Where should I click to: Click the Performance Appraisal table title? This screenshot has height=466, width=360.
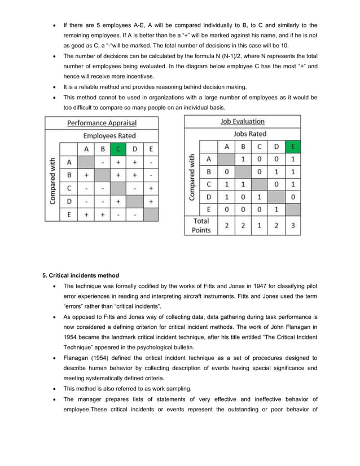click(102, 122)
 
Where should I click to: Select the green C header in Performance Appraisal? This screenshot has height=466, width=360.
click(118, 149)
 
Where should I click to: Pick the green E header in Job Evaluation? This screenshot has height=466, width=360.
click(292, 147)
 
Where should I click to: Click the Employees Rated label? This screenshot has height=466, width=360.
click(109, 136)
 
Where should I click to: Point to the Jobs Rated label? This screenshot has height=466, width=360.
click(250, 134)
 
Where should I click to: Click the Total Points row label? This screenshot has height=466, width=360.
click(201, 225)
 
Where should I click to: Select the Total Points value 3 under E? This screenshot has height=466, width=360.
click(292, 226)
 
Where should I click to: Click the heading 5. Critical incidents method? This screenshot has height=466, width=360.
click(81, 275)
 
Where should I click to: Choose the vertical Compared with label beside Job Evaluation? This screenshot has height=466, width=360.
click(192, 177)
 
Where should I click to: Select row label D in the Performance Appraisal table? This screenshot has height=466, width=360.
click(68, 201)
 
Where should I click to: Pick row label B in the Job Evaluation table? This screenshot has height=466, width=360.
click(209, 172)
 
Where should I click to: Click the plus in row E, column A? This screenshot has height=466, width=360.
click(86, 214)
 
